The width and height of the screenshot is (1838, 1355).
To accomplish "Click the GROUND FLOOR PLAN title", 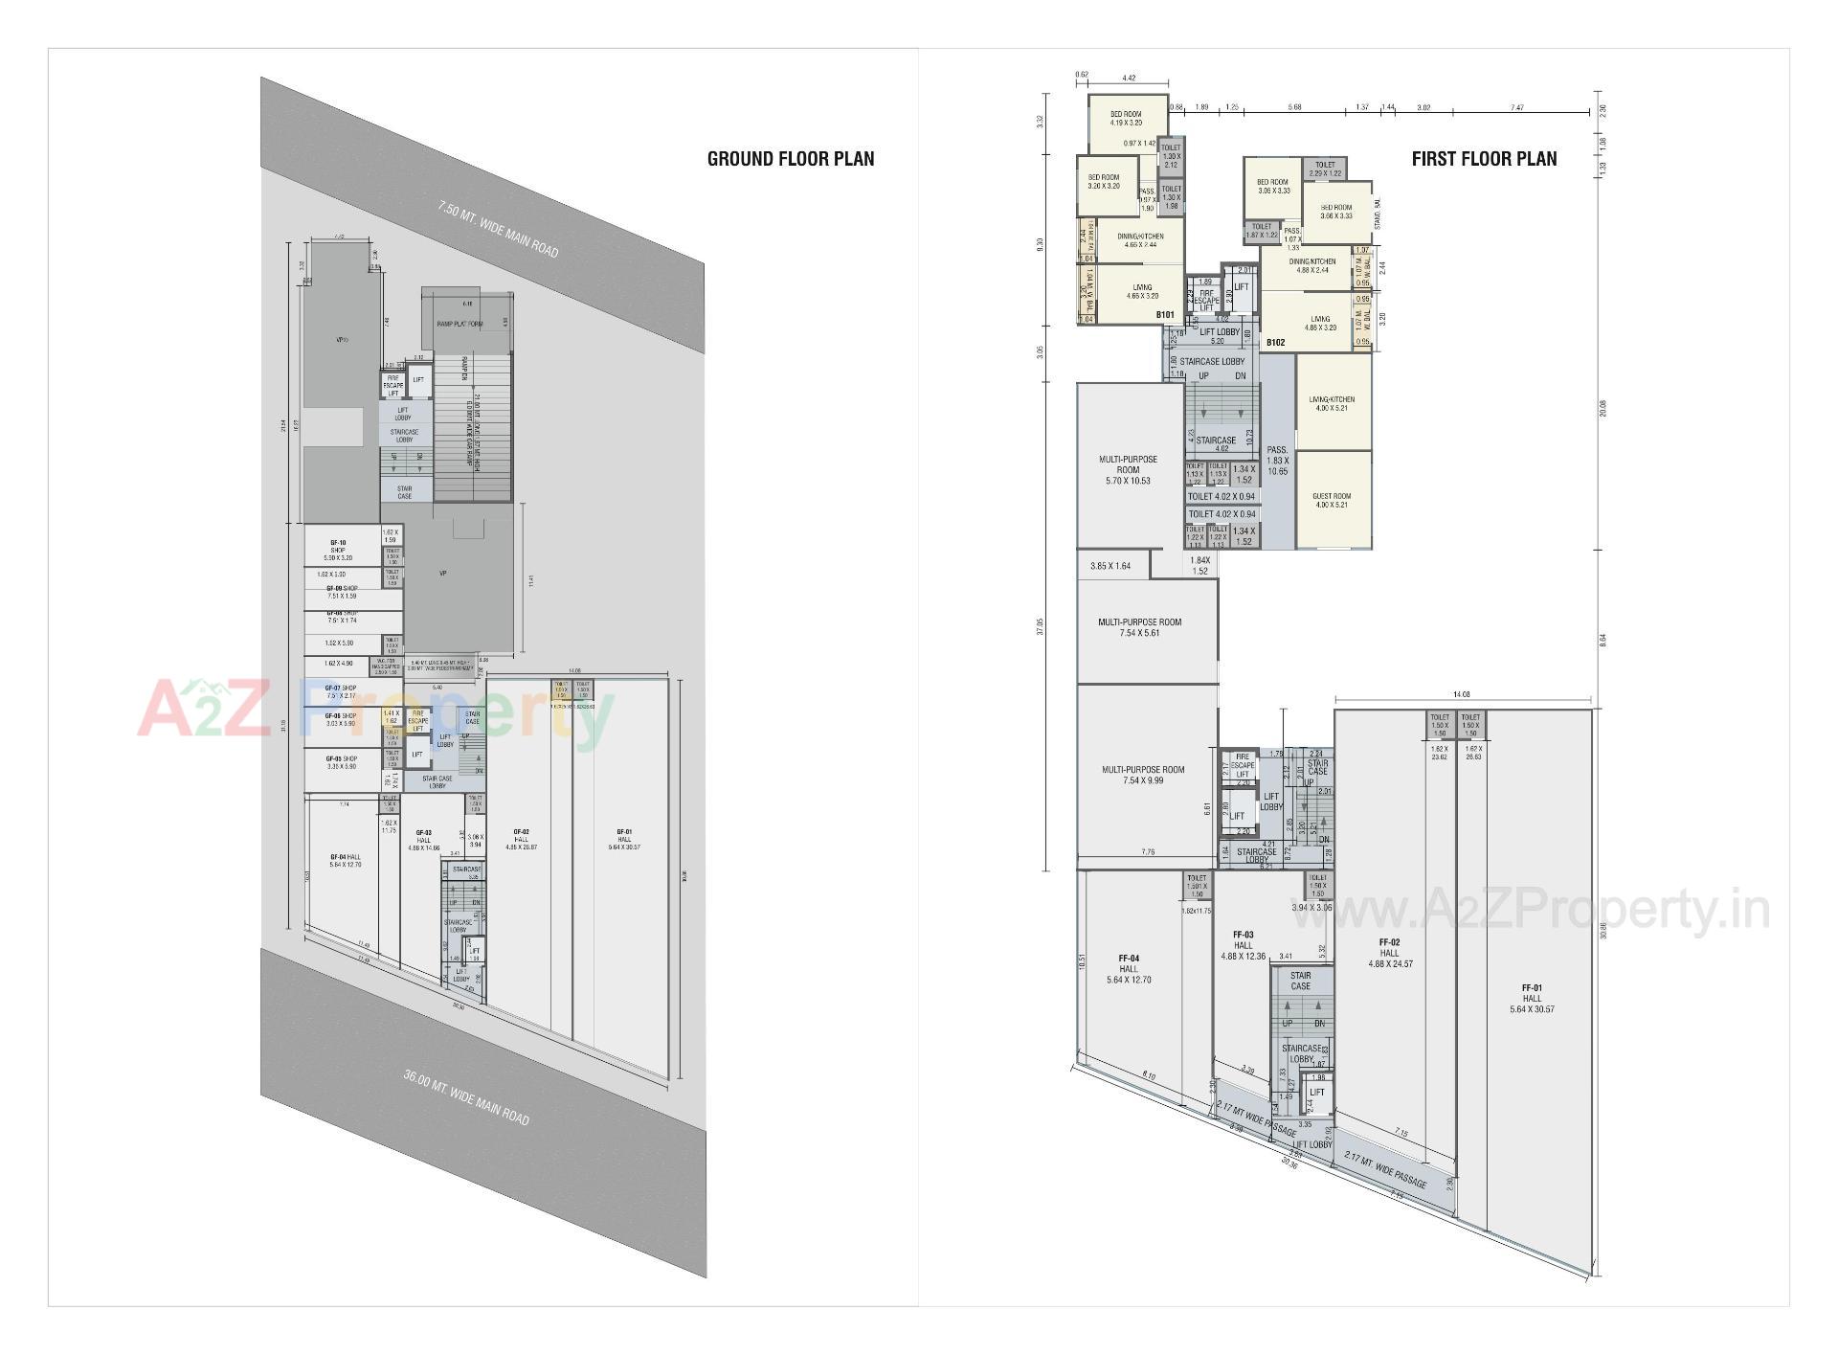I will click(790, 159).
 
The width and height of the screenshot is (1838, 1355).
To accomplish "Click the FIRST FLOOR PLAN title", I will click(1484, 159).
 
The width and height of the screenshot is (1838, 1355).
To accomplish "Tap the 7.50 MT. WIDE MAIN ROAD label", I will click(498, 228).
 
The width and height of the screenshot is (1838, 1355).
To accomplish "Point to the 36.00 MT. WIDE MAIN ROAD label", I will click(465, 1097).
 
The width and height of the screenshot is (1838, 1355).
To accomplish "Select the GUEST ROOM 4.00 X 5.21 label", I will click(1332, 501).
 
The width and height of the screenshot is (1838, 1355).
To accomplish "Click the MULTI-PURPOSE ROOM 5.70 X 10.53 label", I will click(1128, 469).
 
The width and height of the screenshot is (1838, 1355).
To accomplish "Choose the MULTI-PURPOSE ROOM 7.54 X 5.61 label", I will click(1139, 627).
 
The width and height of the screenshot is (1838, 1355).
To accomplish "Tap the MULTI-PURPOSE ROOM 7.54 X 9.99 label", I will click(1143, 775).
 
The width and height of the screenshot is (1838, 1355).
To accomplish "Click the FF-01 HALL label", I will click(1532, 998).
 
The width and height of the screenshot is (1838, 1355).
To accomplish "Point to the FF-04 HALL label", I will click(1129, 968).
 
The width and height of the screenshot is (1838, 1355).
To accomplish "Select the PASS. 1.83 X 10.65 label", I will click(1277, 461).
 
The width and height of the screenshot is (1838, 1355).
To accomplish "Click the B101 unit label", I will click(1164, 315).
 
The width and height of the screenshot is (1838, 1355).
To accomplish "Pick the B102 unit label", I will click(1275, 342).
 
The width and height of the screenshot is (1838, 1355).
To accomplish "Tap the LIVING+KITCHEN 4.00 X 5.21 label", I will click(1332, 404).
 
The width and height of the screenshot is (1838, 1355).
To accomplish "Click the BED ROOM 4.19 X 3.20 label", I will click(1126, 119).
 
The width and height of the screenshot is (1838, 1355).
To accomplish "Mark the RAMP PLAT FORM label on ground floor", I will click(459, 325).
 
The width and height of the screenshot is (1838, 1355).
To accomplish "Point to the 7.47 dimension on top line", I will click(1516, 108).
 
